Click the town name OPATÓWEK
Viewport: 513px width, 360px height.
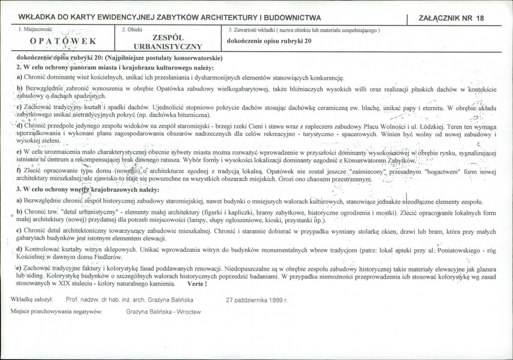(x=63, y=42)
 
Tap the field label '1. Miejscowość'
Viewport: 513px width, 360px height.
(x=36, y=30)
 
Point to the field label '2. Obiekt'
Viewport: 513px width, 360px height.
(x=132, y=30)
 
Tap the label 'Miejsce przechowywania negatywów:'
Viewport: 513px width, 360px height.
(x=57, y=312)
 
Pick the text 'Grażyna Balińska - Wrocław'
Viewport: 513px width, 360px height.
(x=164, y=312)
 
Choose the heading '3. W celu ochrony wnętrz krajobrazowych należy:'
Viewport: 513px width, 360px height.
(x=88, y=189)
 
